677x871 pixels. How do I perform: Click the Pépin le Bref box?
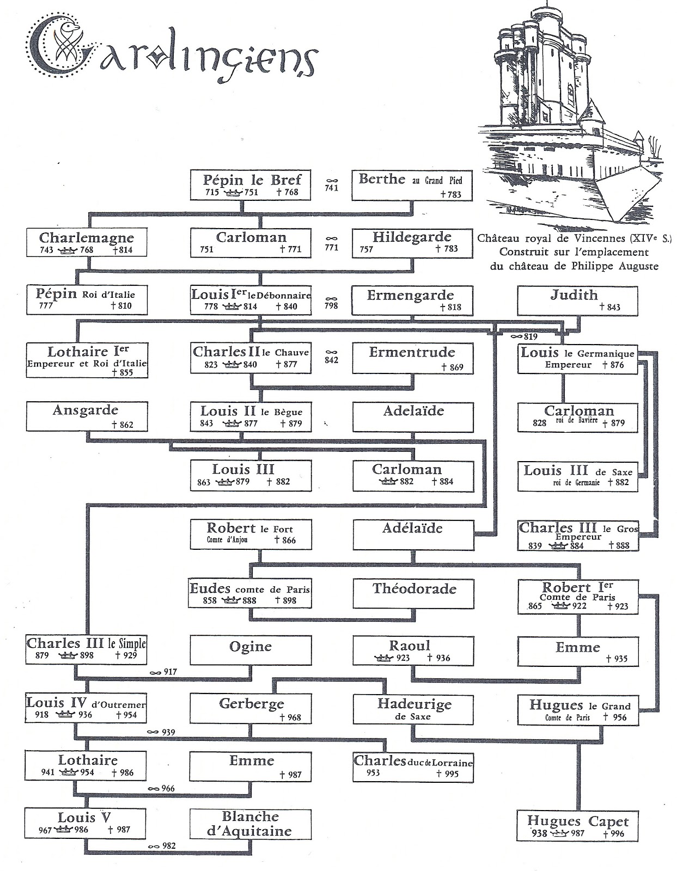250,185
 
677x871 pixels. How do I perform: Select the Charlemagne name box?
87,242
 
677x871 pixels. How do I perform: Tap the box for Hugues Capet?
577,826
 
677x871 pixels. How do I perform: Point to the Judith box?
577,300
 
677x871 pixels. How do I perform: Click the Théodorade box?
413,593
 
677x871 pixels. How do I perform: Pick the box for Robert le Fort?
251,535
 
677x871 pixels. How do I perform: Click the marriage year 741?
332,188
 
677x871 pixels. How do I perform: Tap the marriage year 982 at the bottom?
169,846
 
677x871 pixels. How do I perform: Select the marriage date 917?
170,672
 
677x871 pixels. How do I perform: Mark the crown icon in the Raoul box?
383,658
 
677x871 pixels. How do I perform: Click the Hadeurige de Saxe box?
413,709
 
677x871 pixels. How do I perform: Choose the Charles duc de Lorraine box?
413,767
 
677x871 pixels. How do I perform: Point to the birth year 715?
212,192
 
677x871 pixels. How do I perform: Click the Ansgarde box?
87,417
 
